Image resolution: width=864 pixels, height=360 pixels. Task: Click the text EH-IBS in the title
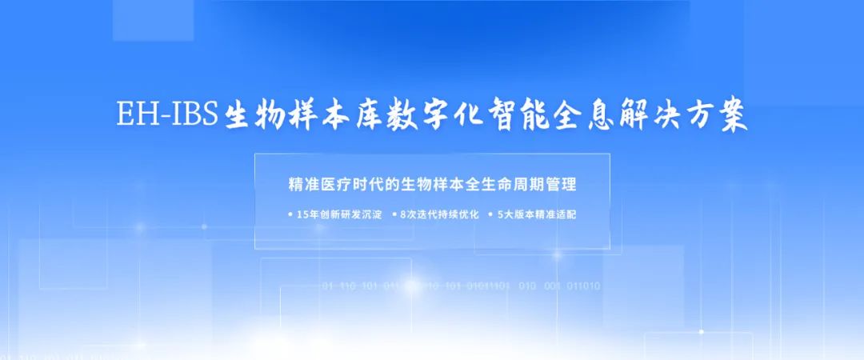167,116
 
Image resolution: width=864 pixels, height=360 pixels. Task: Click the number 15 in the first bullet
302,214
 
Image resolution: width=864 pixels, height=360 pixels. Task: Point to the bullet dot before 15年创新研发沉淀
289,214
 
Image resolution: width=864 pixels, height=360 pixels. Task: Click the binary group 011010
583,286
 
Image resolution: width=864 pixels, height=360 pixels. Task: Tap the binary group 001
552,286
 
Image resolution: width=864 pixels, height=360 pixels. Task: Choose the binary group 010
527,286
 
